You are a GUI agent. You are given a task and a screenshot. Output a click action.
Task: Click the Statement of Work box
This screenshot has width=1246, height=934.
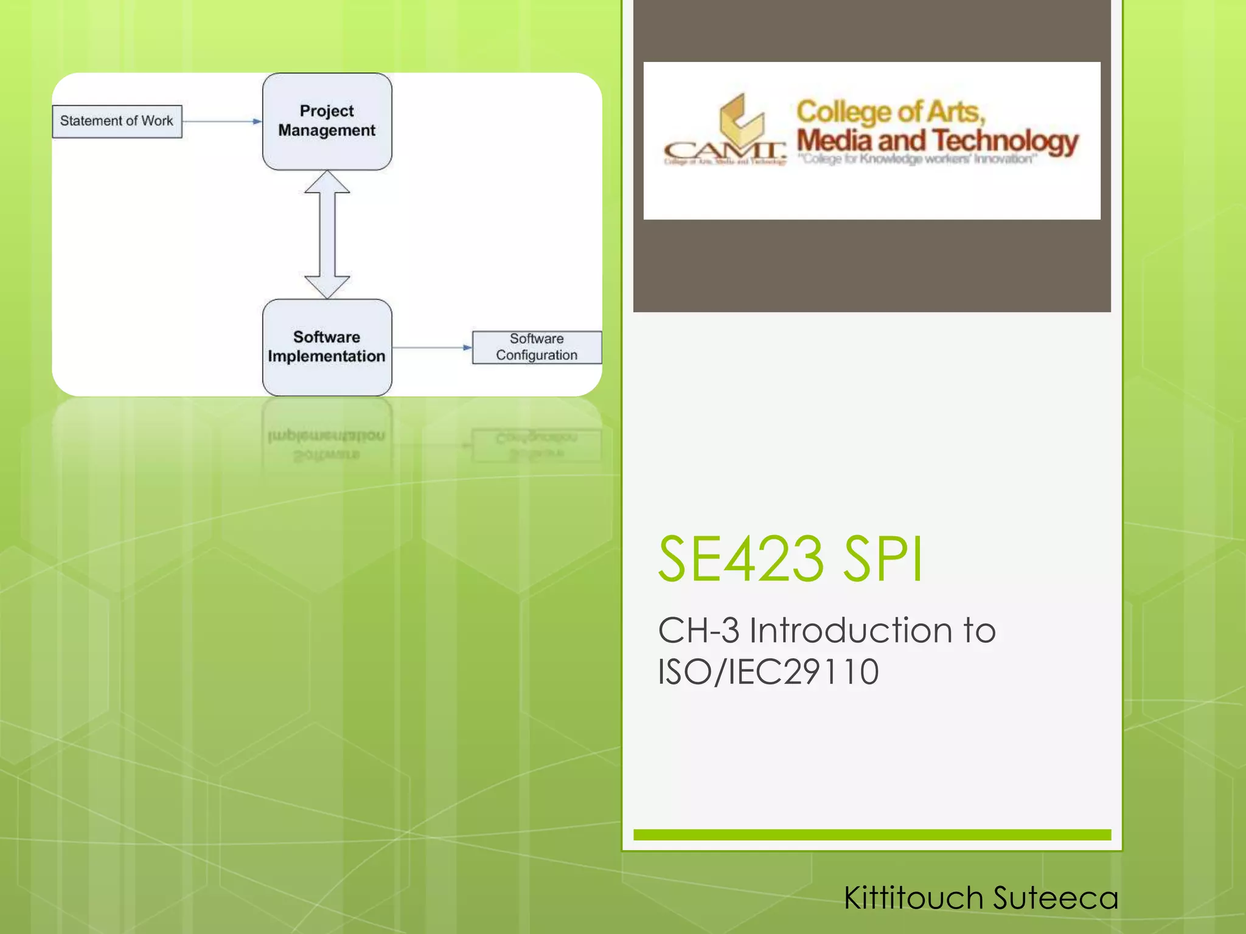[117, 121]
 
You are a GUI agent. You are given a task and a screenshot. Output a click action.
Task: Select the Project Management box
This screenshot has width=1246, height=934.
[327, 121]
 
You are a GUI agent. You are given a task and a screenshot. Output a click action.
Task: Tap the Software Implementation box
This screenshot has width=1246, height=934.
[327, 347]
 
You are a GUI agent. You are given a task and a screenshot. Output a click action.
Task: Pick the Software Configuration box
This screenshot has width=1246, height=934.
[537, 347]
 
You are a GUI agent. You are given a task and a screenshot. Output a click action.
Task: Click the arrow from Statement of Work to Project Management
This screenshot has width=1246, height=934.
[222, 122]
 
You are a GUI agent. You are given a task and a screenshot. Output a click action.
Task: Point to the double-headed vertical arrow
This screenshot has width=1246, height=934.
[327, 234]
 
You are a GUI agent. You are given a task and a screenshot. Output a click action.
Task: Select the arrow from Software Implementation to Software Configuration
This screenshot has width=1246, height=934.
[432, 348]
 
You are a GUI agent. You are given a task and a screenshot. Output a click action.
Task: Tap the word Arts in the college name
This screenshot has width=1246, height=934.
[955, 112]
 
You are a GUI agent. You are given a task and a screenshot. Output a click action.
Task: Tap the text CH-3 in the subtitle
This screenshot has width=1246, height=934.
[698, 630]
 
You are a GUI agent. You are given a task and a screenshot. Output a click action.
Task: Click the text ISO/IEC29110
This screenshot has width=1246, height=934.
[768, 672]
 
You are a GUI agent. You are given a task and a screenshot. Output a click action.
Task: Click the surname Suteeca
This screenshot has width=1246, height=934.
[1056, 898]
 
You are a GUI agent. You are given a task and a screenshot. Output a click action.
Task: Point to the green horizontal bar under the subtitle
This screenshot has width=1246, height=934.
[872, 835]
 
